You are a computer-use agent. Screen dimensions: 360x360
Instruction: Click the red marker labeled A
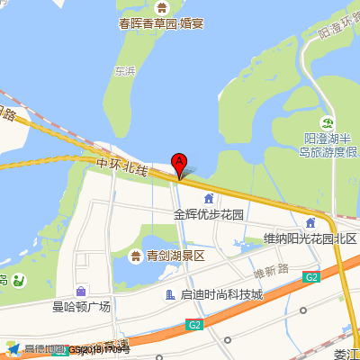point(179,165)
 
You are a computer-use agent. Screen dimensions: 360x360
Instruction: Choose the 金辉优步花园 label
point(209,216)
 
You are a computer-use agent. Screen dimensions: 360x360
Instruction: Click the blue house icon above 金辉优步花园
point(209,199)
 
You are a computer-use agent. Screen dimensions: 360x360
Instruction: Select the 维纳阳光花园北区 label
point(310,238)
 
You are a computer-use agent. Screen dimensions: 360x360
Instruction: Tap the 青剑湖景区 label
point(175,256)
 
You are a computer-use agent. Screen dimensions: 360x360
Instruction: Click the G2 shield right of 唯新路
point(311,277)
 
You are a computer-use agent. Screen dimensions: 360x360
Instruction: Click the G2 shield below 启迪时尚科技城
point(196,323)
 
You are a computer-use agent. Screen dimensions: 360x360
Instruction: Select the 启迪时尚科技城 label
point(221,295)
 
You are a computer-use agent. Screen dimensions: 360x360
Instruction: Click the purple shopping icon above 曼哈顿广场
point(81,291)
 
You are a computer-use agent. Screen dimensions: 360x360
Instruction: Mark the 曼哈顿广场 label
point(81,308)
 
